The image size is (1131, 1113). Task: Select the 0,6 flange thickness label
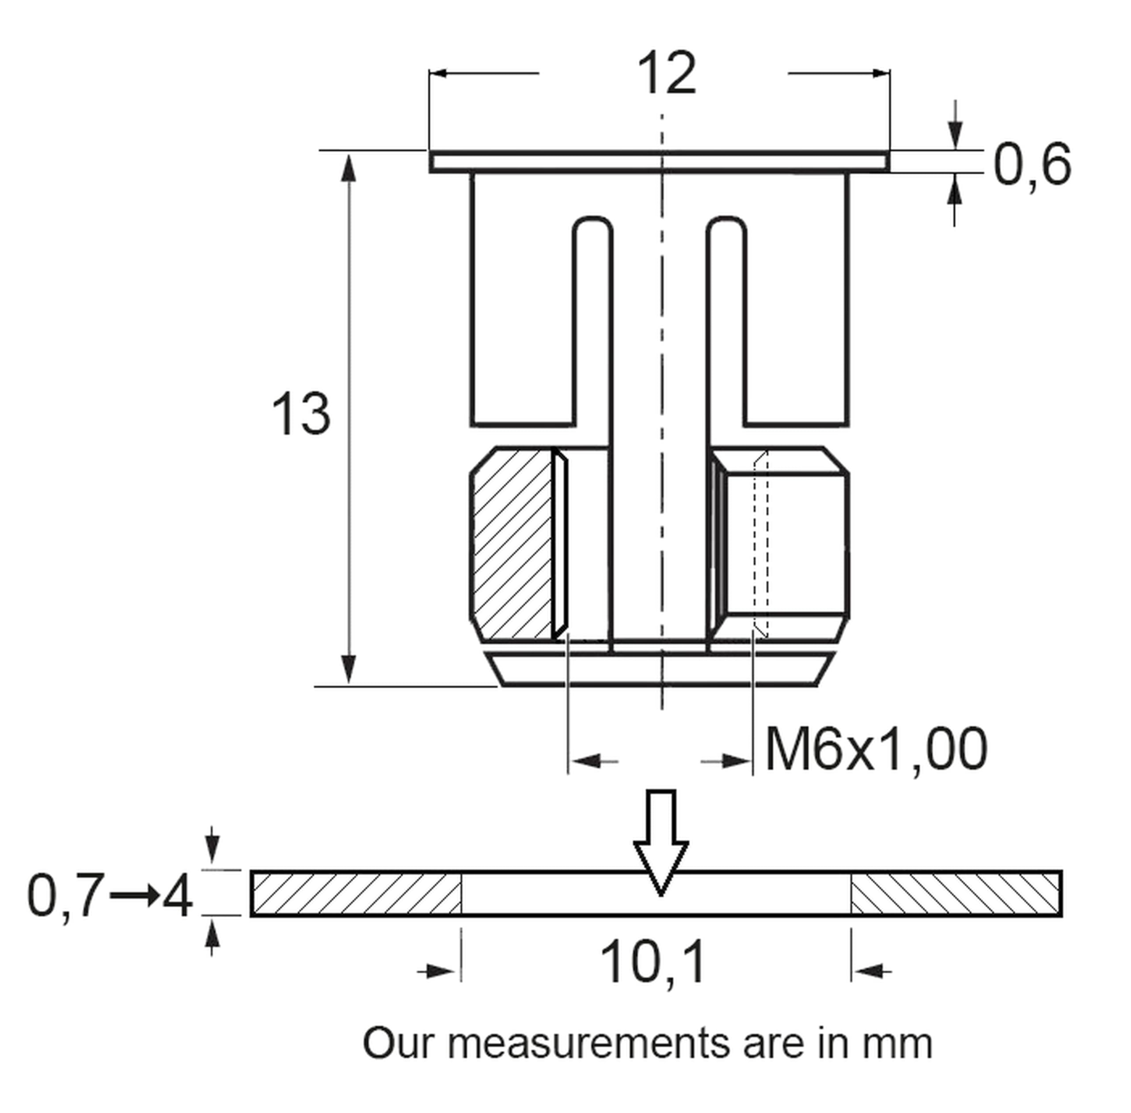tap(1032, 165)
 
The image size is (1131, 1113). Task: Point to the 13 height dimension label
tap(301, 414)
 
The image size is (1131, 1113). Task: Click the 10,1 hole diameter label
tap(652, 963)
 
